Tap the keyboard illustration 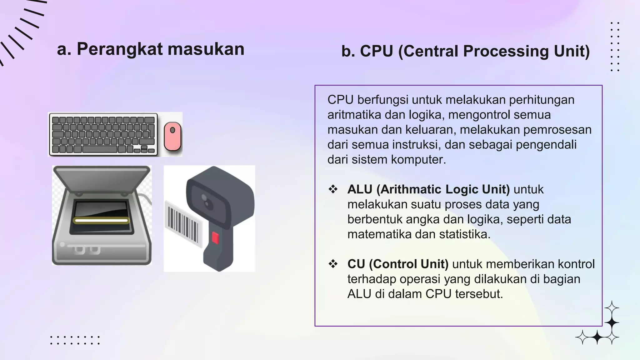pyautogui.click(x=103, y=134)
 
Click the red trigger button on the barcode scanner pyautogui.click(x=215, y=238)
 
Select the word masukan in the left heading pyautogui.click(x=206, y=49)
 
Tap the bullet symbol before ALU pyautogui.click(x=333, y=189)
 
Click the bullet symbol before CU pyautogui.click(x=333, y=264)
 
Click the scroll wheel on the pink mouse pyautogui.click(x=172, y=130)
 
